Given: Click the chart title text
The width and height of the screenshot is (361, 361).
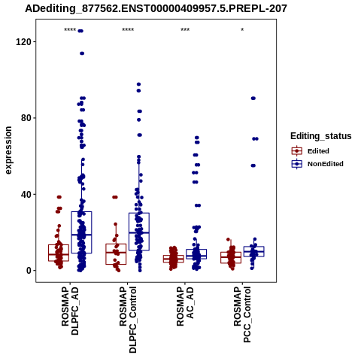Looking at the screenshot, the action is point(156,9).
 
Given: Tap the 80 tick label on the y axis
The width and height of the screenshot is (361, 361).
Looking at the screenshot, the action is point(26,118).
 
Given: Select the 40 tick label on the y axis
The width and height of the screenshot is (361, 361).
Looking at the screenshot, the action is point(26,194).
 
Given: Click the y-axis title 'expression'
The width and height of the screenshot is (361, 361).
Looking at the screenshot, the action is point(8,150).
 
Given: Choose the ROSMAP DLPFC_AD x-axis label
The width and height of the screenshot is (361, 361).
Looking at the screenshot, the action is point(70,311).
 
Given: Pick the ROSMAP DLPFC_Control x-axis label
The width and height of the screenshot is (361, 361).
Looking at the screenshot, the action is point(128,320).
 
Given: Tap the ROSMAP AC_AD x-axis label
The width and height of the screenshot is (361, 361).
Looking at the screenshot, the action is point(185,306).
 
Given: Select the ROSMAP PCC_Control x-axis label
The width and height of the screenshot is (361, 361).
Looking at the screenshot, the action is point(242,314).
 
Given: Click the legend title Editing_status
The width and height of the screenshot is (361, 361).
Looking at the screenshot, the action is point(321,136).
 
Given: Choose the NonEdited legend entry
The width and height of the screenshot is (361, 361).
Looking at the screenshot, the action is point(317,164).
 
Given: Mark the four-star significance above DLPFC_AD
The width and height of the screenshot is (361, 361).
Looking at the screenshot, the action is point(70,30).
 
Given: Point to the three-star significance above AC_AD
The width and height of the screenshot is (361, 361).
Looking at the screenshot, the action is point(185,30).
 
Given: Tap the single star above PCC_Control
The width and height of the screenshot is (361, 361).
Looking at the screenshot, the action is point(242,30).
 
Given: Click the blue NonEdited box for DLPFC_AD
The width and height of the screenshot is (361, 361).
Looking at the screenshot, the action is point(81,212).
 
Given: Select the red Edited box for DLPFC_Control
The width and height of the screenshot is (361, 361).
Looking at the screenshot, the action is point(116,244).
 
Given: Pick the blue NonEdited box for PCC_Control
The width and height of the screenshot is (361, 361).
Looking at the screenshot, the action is point(253,247).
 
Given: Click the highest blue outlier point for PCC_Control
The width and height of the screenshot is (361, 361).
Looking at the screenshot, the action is point(253,99).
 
